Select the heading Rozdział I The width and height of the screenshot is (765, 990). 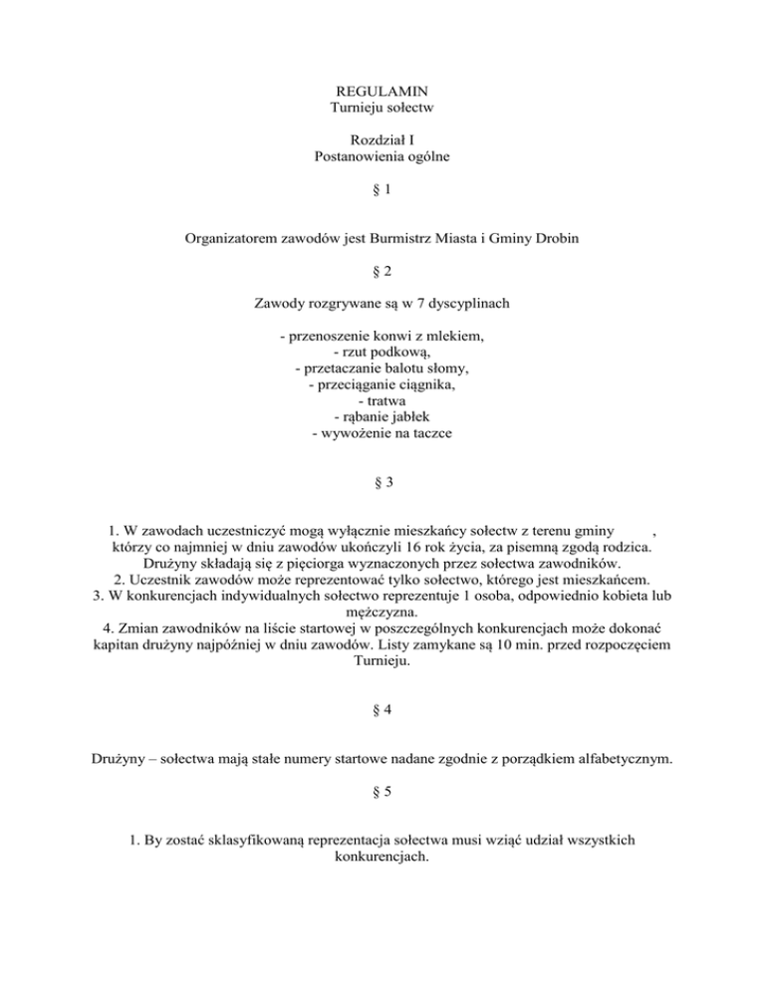point(382,142)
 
